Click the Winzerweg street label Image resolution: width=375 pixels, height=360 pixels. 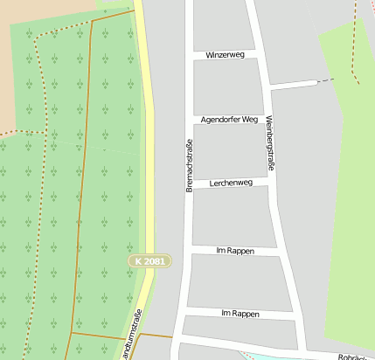pyautogui.click(x=225, y=54)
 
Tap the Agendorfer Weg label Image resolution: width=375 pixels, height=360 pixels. pyautogui.click(x=229, y=119)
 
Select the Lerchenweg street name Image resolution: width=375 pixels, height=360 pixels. pyautogui.click(x=232, y=183)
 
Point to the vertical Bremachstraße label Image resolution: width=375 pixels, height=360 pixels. pyautogui.click(x=188, y=165)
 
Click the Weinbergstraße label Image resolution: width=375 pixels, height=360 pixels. pyautogui.click(x=270, y=143)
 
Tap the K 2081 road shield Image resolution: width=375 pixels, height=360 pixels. pyautogui.click(x=149, y=261)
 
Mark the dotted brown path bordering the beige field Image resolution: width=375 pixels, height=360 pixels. pyautogui.click(x=35, y=131)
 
